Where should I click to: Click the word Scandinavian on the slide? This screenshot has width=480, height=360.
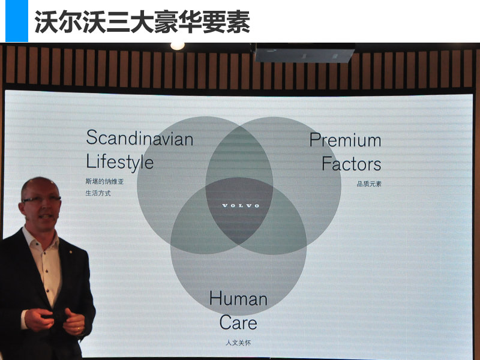point(140,138)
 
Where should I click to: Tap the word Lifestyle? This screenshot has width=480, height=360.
point(119,161)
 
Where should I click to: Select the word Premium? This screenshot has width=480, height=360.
point(346,140)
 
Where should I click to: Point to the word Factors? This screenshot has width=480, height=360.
point(352,163)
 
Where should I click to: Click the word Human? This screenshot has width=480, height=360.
point(238,298)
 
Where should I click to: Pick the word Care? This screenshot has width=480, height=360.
point(238,322)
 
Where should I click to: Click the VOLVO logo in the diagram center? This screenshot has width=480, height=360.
point(241,205)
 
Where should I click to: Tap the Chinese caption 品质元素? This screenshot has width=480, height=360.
point(369,184)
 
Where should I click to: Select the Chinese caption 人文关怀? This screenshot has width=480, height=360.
point(238,343)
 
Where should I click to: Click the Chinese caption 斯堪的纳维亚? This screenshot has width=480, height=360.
point(104,182)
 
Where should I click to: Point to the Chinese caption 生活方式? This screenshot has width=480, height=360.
point(98,193)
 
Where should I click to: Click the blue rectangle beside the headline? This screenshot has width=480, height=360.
point(17,21)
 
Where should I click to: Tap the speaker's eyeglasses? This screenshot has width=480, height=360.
point(41,199)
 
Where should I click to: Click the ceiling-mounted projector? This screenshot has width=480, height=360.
point(305,53)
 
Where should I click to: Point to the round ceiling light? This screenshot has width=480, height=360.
point(178,46)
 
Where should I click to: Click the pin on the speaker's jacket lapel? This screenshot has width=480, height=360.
point(71,252)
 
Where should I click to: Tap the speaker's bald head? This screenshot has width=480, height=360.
point(39,185)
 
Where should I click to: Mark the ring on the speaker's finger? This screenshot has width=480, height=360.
point(79,329)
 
